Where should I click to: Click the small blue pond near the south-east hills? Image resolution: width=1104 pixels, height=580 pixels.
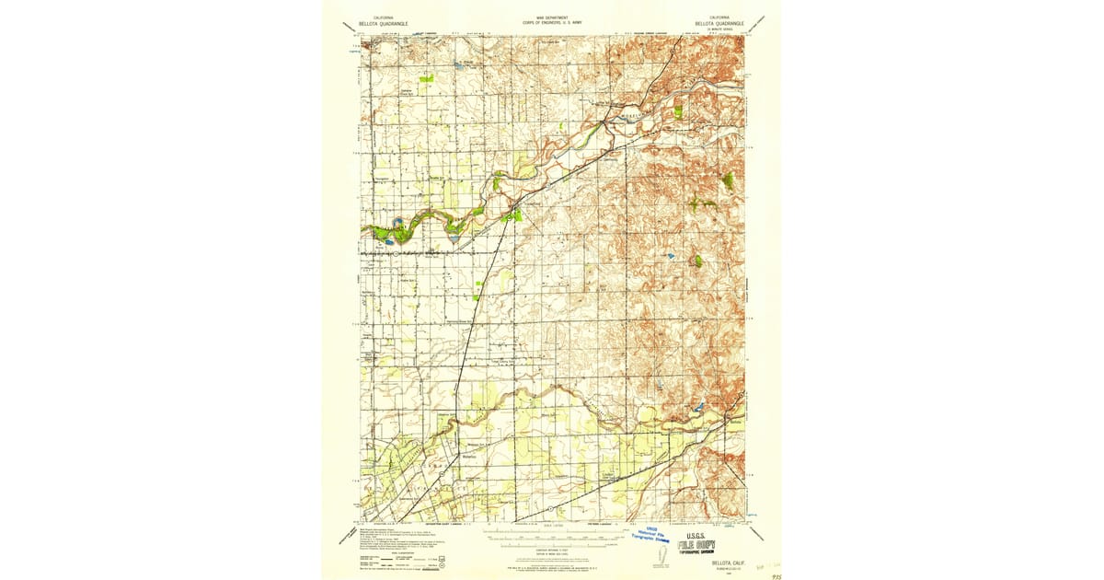(x=698, y=405)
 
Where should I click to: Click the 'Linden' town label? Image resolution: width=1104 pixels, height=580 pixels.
(x=607, y=475)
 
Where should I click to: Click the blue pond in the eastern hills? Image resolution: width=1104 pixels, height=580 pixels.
(x=670, y=255)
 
